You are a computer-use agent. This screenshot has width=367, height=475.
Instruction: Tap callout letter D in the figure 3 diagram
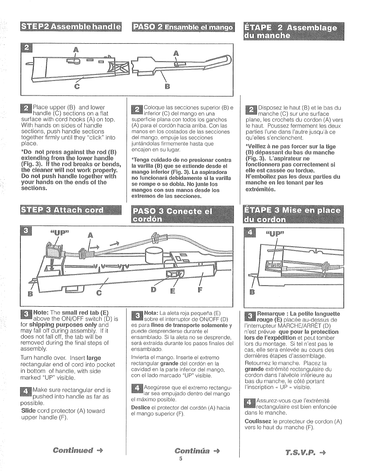154,290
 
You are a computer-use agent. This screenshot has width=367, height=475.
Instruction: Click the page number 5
181,459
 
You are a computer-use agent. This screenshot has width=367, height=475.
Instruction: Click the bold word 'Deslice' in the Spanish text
140,408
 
